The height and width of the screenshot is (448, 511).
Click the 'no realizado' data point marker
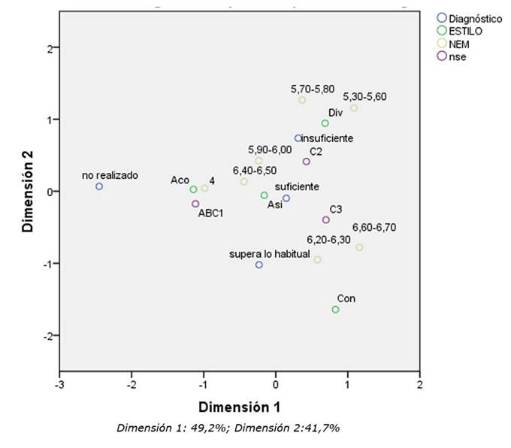click(98, 186)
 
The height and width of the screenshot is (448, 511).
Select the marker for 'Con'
click(335, 310)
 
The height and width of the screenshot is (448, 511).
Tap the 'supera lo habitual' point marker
click(259, 265)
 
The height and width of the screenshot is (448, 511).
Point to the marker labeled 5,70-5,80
click(302, 100)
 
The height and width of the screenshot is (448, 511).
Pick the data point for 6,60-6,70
click(359, 247)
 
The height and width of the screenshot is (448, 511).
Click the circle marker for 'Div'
click(325, 123)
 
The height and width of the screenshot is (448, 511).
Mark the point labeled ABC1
click(195, 204)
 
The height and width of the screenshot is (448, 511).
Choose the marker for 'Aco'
click(193, 189)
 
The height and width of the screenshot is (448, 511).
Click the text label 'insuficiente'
click(328, 138)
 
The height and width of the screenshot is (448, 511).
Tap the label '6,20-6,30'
click(328, 240)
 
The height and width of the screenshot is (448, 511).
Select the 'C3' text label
click(337, 210)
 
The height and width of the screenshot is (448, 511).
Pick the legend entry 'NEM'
click(458, 44)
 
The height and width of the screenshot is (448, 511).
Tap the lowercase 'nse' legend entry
click(455, 57)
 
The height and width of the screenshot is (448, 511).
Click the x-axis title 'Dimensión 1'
click(239, 407)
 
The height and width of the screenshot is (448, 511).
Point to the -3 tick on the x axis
click(59, 385)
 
